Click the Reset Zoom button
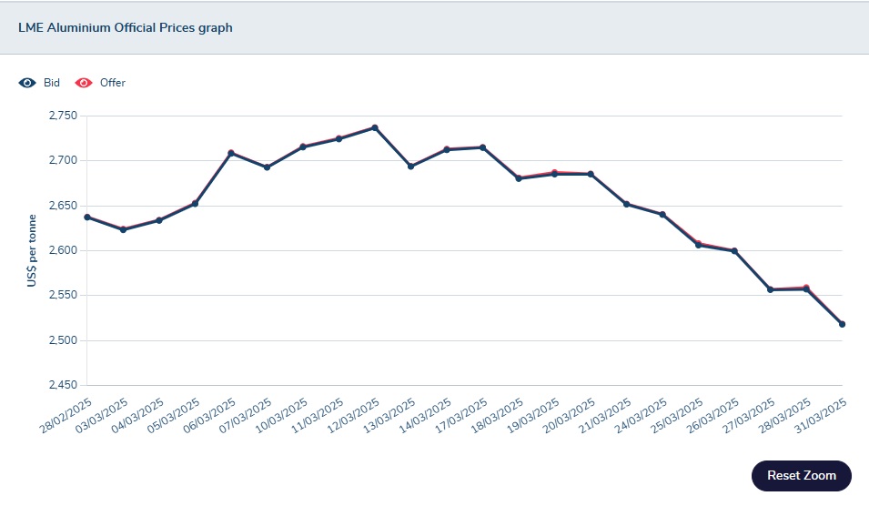[801, 475]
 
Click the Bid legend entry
[51, 83]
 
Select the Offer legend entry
[112, 83]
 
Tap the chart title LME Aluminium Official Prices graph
[126, 28]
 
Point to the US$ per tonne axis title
[31, 250]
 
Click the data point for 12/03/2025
[375, 128]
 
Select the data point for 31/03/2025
[842, 324]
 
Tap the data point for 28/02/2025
[87, 217]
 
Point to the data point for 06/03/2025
[231, 153]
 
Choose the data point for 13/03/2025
[411, 167]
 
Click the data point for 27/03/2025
[771, 289]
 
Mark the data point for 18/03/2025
[519, 178]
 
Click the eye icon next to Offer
[84, 83]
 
